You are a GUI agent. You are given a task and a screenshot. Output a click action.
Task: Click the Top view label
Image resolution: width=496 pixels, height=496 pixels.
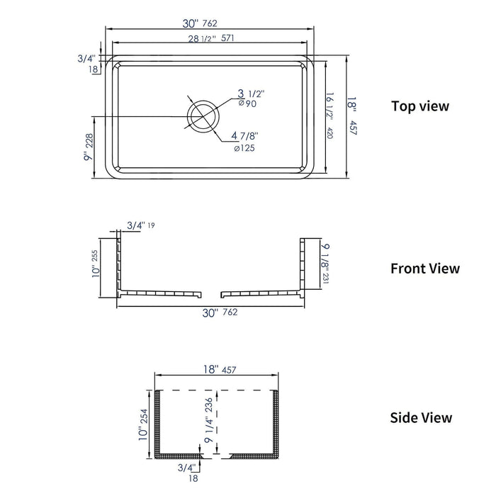[x=420, y=106]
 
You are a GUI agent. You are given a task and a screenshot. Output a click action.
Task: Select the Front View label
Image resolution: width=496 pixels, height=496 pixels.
[x=424, y=269]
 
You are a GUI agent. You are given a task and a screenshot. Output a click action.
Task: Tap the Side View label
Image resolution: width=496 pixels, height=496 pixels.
[x=421, y=418]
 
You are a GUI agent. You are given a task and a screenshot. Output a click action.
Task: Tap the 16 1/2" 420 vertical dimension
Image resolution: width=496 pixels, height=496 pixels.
[x=330, y=115]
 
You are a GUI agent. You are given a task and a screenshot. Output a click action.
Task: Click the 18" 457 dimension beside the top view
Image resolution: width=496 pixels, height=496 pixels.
[x=351, y=115]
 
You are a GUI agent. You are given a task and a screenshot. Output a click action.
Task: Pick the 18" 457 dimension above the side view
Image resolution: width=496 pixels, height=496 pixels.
[x=218, y=370]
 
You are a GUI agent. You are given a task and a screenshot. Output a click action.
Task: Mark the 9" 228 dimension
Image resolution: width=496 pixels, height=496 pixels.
[x=89, y=148]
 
